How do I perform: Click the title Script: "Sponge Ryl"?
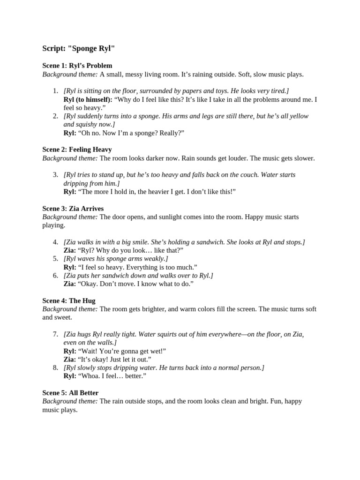coord(78,48)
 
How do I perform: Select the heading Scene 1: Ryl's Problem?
coord(77,66)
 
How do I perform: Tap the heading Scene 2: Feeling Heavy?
coord(77,150)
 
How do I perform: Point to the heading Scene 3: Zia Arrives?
coord(73,209)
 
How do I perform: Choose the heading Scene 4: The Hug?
coord(69,300)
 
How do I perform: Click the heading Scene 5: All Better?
coord(70,393)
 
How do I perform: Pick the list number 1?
coord(55,91)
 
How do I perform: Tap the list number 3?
coord(55,175)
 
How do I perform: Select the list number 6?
coord(55,276)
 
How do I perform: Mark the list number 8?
coord(55,368)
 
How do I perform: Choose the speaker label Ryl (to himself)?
coord(88,99)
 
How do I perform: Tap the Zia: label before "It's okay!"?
coord(69,360)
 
